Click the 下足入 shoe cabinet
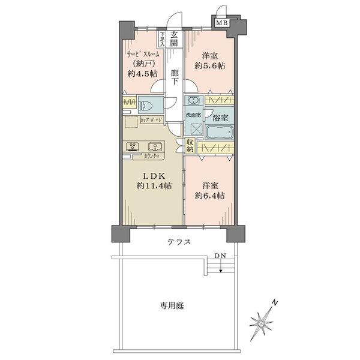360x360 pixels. [x=162, y=40]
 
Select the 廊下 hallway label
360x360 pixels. [x=174, y=77]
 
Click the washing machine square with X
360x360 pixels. [x=194, y=128]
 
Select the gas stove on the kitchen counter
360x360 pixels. [x=133, y=146]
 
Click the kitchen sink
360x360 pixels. [x=154, y=146]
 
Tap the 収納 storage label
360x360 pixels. [x=190, y=146]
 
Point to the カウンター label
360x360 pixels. [x=152, y=156]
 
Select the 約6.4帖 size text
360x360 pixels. [x=210, y=195]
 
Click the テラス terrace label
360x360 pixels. [x=179, y=242]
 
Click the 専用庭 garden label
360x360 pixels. [x=172, y=305]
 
